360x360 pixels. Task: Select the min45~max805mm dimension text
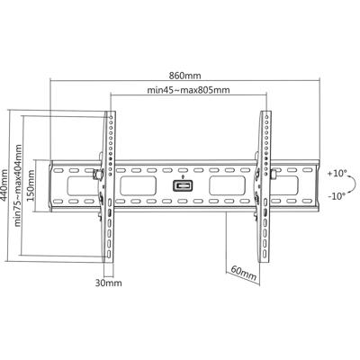tap(187, 91)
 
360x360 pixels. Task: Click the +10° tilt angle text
tap(336, 172)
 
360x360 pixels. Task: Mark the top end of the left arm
tap(110, 114)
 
